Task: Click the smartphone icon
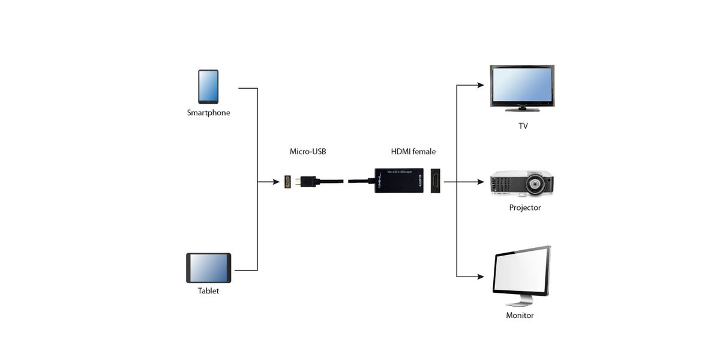tap(208, 87)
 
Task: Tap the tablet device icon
tap(208, 268)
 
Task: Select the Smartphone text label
tap(208, 113)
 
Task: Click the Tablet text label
tap(208, 291)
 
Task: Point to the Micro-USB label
tap(308, 152)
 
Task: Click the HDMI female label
tap(413, 152)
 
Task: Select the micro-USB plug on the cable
tap(308, 181)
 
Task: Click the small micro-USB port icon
tap(289, 181)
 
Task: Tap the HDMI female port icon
tap(436, 180)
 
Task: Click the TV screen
tap(522, 85)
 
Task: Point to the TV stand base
tap(522, 109)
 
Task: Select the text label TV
tap(523, 127)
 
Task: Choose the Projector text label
tap(524, 208)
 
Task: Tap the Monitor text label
tap(520, 315)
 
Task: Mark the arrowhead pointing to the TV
tap(481, 85)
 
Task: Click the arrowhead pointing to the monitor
tap(481, 277)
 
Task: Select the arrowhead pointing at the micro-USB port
tap(278, 181)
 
